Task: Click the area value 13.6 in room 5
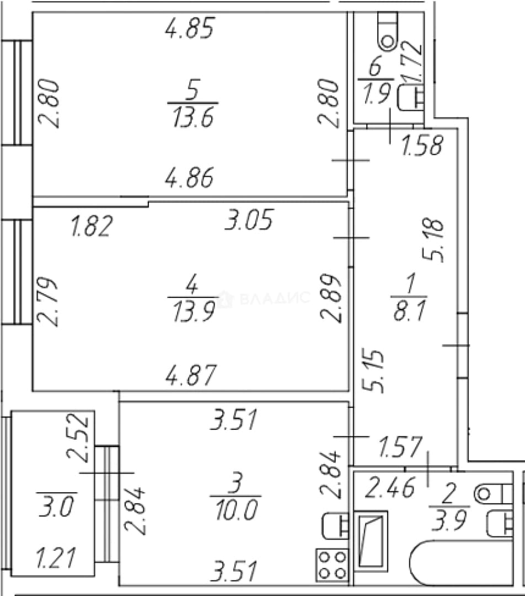193,116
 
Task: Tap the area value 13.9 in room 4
193,311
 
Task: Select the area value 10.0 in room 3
236,510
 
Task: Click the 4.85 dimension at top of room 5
190,28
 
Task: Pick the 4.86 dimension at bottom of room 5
190,177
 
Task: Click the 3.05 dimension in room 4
249,220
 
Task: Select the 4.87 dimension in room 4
191,375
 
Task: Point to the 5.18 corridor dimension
433,240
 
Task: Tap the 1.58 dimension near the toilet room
422,145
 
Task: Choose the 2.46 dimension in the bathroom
389,487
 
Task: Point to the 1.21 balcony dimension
56,557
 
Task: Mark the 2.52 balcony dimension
78,437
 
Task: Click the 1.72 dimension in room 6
412,62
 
